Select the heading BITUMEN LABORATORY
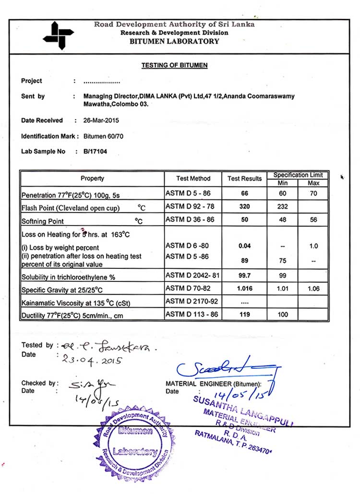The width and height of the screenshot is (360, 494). click(174, 41)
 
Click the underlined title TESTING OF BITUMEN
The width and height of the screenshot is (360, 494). click(174, 65)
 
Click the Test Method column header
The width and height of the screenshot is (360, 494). click(193, 179)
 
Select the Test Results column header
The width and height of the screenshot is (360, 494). click(244, 179)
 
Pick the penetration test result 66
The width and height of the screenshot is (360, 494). click(244, 193)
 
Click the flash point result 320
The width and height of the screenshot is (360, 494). click(244, 207)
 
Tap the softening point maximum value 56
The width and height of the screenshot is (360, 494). click(313, 220)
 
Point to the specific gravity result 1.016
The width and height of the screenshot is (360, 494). click(244, 289)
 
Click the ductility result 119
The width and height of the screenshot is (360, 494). click(244, 315)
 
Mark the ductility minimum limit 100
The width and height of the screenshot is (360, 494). click(283, 315)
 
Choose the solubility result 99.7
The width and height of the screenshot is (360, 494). click(244, 277)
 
